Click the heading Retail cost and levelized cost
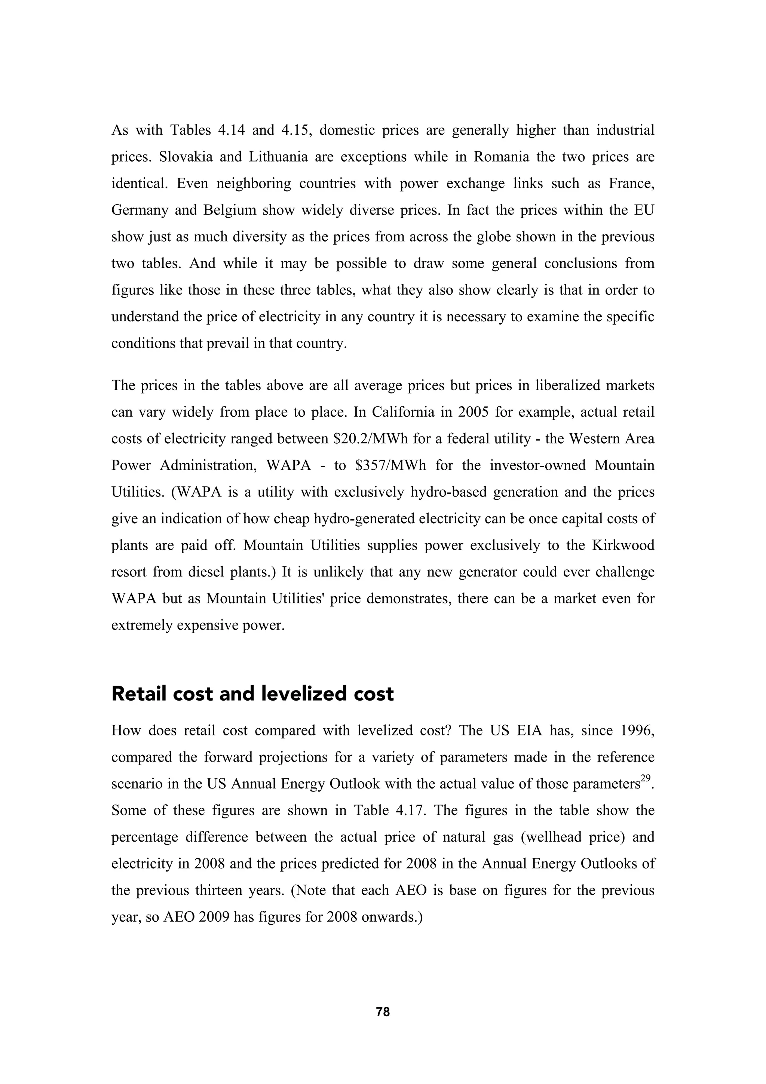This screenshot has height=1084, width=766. [x=252, y=693]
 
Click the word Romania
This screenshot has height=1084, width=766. [x=501, y=157]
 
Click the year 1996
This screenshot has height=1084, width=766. [x=637, y=731]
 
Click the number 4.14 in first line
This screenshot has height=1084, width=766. [x=231, y=130]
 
